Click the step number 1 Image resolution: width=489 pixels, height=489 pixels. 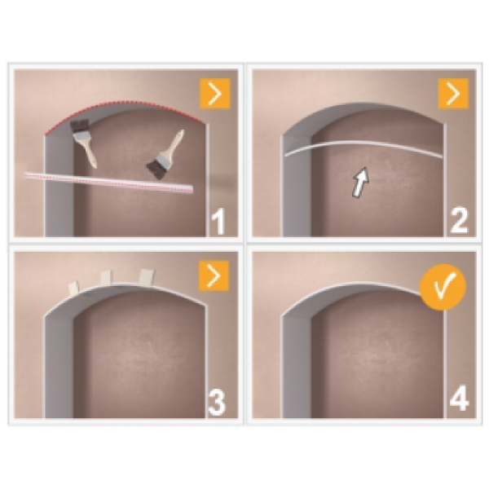click(218, 222)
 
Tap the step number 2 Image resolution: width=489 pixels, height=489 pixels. click(458, 221)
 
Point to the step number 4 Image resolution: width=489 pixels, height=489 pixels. click(459, 399)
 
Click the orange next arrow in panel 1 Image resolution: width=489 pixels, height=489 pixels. click(215, 94)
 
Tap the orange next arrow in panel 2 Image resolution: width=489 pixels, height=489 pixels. click(453, 94)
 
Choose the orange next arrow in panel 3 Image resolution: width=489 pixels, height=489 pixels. click(214, 276)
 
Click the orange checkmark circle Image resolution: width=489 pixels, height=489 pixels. click(443, 288)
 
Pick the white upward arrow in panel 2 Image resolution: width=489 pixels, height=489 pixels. click(360, 182)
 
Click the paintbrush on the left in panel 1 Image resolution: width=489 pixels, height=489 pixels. click(84, 143)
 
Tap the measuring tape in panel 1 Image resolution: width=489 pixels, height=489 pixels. click(109, 182)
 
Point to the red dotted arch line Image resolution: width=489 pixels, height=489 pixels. click(125, 103)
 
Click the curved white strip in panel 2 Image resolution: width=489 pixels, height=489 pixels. click(363, 143)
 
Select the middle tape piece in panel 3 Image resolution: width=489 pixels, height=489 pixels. click(107, 278)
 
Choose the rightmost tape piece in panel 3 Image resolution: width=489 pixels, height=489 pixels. click(146, 277)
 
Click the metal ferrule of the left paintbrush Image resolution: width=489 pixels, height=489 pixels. click(81, 135)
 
